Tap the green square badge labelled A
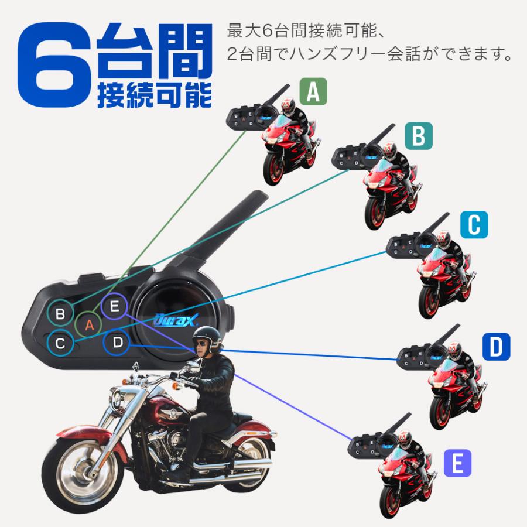point(313,93)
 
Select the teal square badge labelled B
point(418,136)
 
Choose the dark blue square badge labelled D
point(496,347)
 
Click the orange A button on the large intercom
point(89,324)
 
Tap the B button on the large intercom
point(60,314)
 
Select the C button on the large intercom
point(60,343)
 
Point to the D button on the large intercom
point(118,343)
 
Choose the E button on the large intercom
point(114,305)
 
